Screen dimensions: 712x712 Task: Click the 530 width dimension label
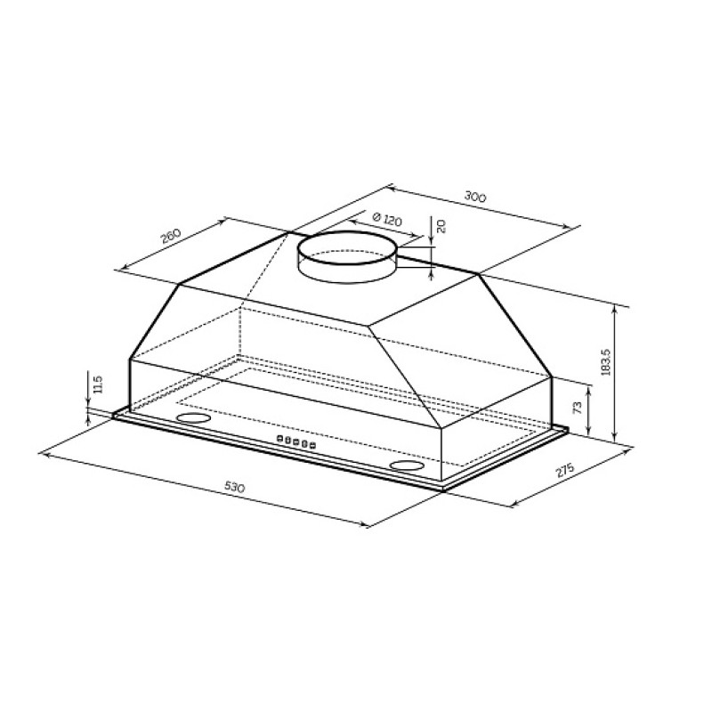tap(234, 487)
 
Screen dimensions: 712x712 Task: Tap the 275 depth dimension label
tap(565, 471)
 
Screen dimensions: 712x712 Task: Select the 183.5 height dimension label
tap(605, 362)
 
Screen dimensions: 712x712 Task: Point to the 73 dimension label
tap(578, 408)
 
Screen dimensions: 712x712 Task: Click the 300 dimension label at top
tap(475, 197)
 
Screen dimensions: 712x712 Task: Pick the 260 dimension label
tap(171, 236)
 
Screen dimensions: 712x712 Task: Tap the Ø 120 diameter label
tap(387, 219)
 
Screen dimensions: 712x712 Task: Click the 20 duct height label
tap(441, 226)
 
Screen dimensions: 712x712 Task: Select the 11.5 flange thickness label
tap(99, 384)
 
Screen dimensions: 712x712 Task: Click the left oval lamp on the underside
tap(193, 417)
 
